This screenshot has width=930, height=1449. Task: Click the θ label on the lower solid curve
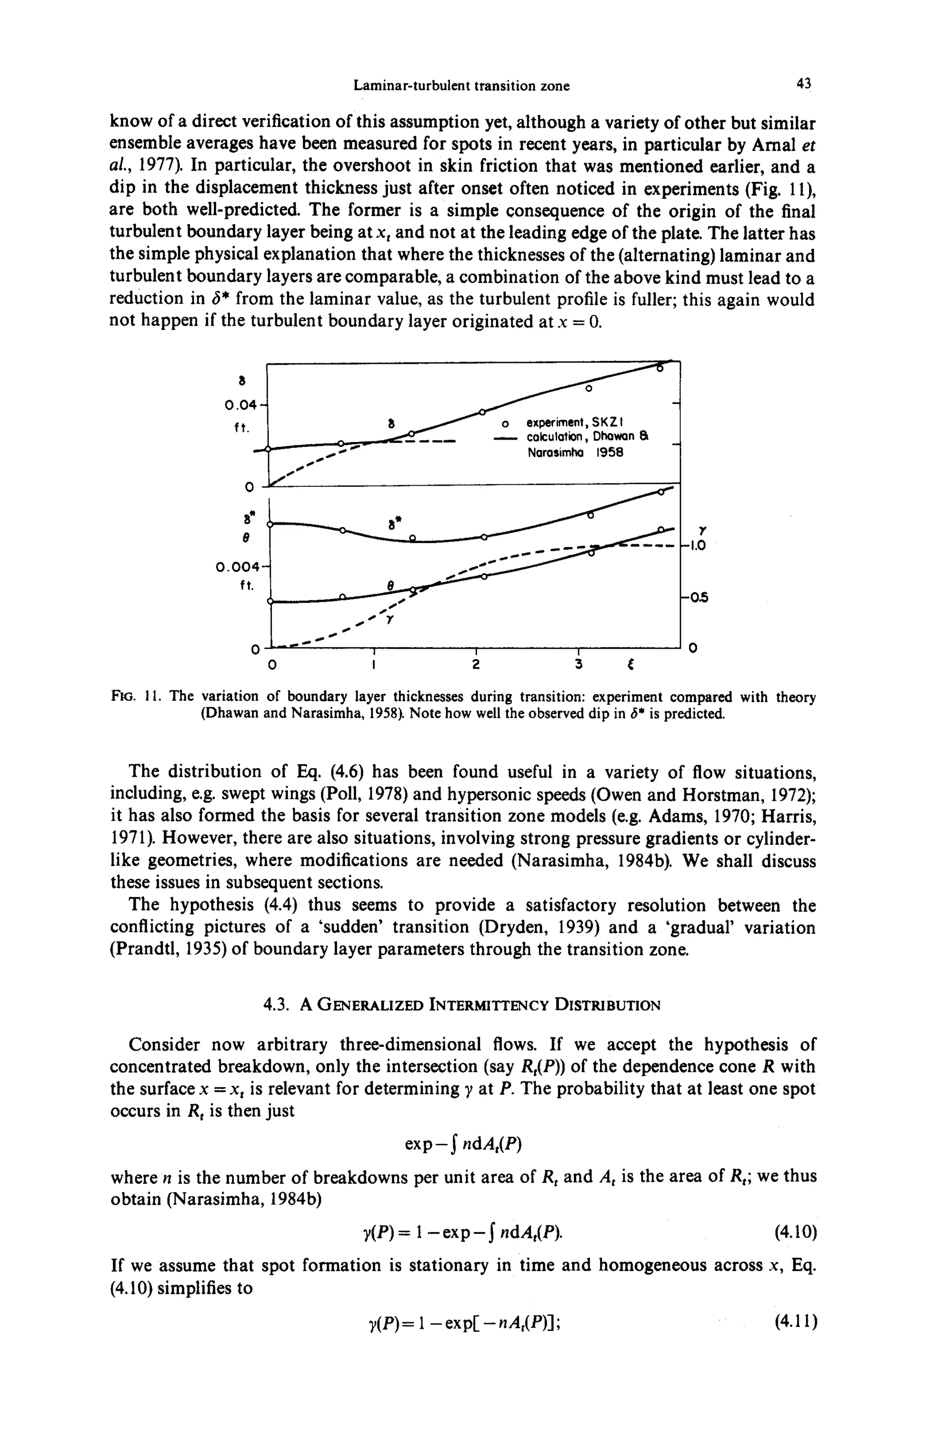click(390, 585)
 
